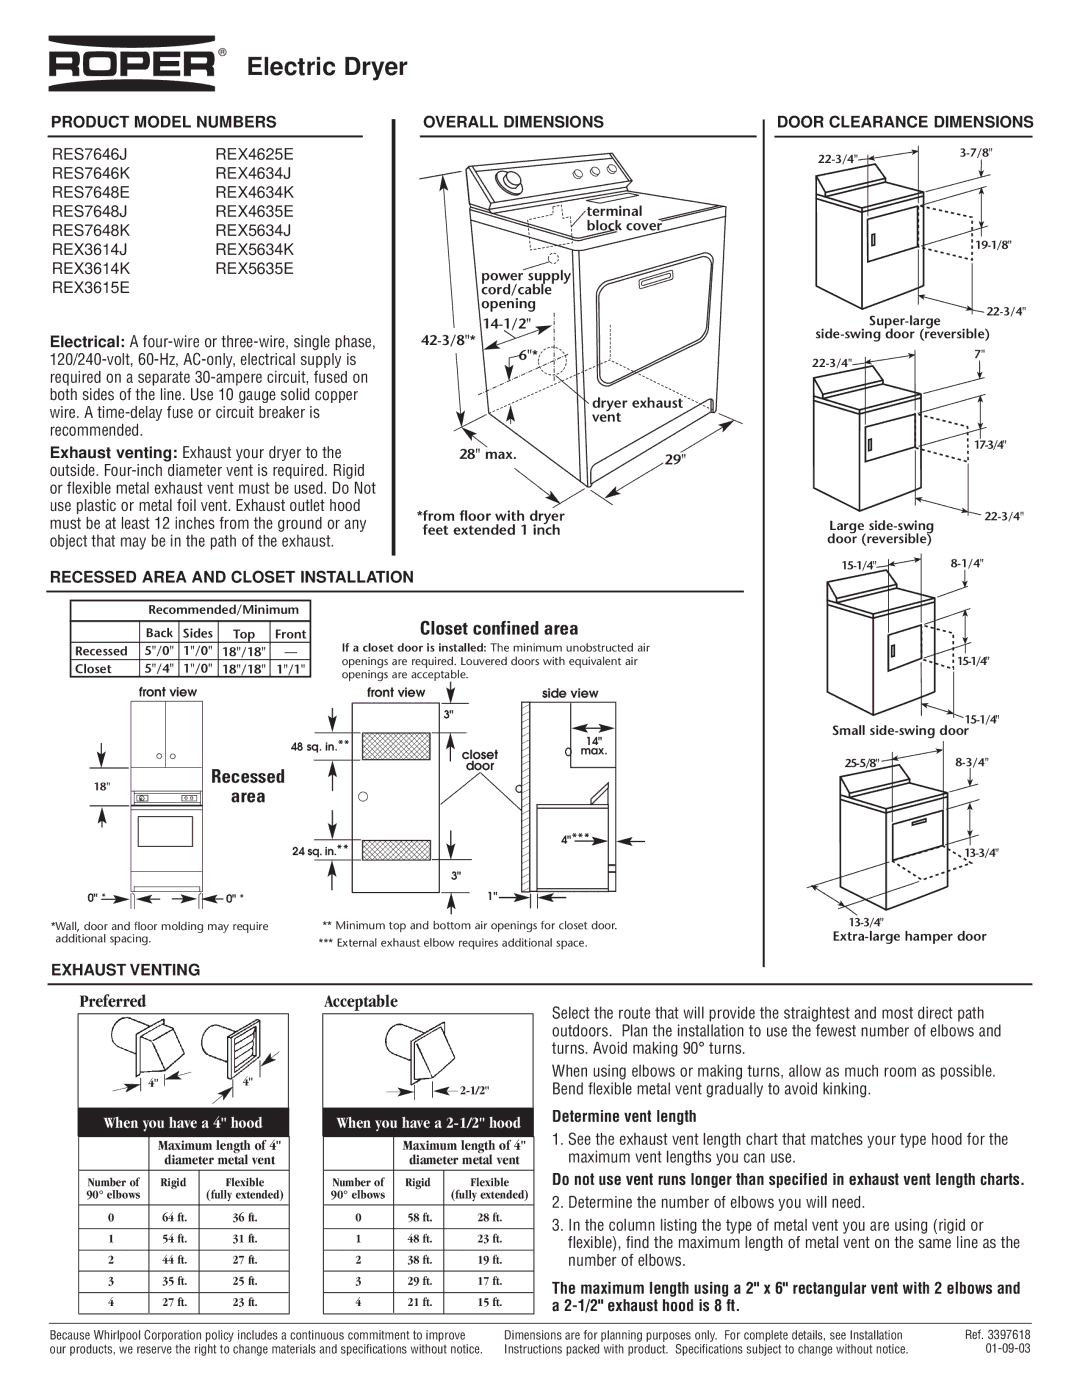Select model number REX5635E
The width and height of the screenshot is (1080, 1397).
(x=254, y=268)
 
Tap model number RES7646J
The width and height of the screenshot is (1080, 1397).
(x=90, y=154)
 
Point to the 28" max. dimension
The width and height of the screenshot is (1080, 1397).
(x=487, y=454)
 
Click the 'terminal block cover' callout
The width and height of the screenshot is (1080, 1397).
(x=623, y=218)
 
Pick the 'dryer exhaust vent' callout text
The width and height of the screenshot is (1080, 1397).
(x=636, y=410)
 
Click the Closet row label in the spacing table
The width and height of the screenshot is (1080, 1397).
(x=94, y=669)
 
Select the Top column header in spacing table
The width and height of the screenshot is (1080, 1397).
(x=244, y=633)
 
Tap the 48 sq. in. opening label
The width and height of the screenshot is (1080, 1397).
(x=320, y=746)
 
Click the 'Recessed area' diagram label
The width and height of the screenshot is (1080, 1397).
(x=247, y=786)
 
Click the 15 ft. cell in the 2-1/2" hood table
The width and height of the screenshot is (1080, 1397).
(x=489, y=1302)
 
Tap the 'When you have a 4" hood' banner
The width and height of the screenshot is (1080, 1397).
(x=183, y=1123)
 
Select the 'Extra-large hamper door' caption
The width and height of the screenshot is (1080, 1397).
(x=909, y=937)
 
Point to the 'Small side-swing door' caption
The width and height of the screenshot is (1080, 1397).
(x=900, y=731)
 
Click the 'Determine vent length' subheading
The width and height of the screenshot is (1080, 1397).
(x=624, y=1116)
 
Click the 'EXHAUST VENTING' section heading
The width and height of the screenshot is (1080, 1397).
(x=126, y=969)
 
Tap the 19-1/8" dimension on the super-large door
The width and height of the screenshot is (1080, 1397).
(x=994, y=245)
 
